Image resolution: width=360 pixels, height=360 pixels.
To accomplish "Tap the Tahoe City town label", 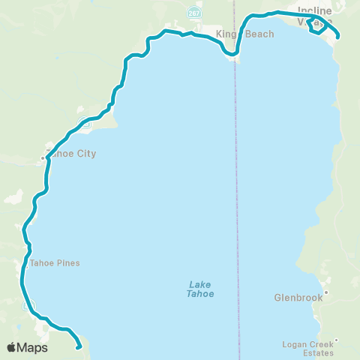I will click(x=71, y=154).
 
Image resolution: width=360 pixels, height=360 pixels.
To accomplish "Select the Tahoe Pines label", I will click(x=54, y=263).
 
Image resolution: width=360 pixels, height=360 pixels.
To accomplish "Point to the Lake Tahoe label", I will click(x=200, y=289).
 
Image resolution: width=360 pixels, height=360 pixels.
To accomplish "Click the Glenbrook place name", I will click(x=298, y=298).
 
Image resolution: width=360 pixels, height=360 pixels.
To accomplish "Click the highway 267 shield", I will click(x=194, y=13).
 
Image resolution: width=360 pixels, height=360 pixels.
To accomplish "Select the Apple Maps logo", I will click(x=27, y=347).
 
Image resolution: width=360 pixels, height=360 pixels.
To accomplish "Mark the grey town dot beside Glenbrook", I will click(x=325, y=292).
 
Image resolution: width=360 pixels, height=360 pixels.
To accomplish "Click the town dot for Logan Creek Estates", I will click(x=336, y=340).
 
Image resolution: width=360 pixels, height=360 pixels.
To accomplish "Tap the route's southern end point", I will click(x=79, y=346).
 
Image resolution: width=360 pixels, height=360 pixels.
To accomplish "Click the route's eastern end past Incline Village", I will click(x=338, y=36).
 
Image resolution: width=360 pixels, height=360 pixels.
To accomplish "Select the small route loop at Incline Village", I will click(x=317, y=26).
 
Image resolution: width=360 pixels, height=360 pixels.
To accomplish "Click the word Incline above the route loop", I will click(x=314, y=10).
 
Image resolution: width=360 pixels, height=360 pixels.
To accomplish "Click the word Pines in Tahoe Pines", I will click(x=67, y=263).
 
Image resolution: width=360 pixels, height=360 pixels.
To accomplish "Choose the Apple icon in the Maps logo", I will click(x=11, y=347).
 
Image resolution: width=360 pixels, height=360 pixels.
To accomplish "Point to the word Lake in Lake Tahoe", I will click(x=200, y=284).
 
